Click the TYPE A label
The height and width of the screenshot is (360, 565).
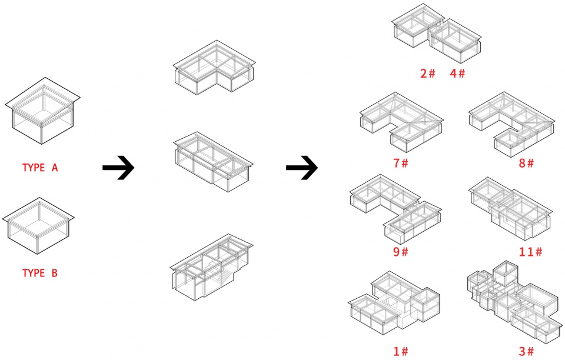coord(40,168)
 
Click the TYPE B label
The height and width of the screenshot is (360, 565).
coord(40,273)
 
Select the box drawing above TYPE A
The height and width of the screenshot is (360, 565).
coord(42,111)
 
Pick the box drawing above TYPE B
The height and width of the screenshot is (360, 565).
coord(38,226)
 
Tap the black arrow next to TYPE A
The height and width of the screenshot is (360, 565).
coord(118,168)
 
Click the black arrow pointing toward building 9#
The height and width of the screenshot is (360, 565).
coord(302,168)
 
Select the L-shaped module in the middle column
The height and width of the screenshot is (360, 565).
coord(214,68)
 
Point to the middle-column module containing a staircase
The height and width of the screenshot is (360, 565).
coord(211,266)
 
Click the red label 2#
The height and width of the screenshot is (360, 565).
coord(428,74)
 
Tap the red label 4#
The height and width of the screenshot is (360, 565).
coord(458,74)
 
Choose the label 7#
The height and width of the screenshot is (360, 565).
coord(401,163)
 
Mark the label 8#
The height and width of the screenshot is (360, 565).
coord(526,163)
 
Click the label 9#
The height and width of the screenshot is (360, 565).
coord(401,252)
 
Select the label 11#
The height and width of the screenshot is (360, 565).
coord(530,252)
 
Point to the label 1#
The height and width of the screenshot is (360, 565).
coord(401,351)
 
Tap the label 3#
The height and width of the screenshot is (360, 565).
coord(526,351)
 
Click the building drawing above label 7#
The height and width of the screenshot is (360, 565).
coord(402,122)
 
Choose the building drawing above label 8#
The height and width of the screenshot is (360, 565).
coord(511,124)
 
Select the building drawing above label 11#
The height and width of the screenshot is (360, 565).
coord(510,209)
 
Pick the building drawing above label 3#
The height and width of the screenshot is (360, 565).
coord(514,302)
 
